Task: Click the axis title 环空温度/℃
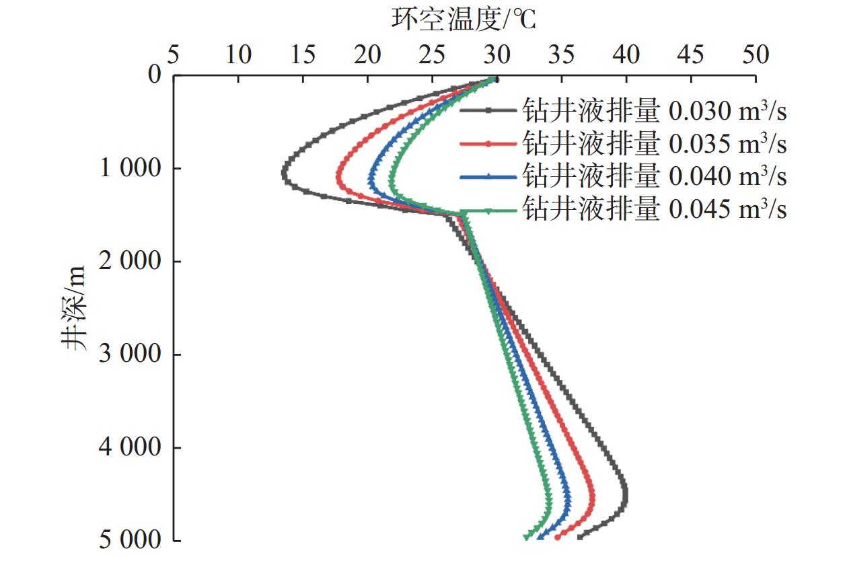[464, 20]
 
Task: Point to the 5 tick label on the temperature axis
[173, 54]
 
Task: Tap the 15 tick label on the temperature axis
[303, 54]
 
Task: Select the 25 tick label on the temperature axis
[433, 54]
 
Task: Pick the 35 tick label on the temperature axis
[562, 54]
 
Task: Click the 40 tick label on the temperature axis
[627, 54]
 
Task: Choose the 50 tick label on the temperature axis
[756, 54]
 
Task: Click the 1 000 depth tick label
[128, 168]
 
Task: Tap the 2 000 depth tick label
[128, 261]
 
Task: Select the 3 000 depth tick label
[128, 354]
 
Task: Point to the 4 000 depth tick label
[128, 447]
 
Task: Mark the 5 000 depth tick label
[128, 540]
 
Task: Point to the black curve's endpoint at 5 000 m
[579, 536]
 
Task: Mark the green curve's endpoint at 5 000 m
[526, 537]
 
